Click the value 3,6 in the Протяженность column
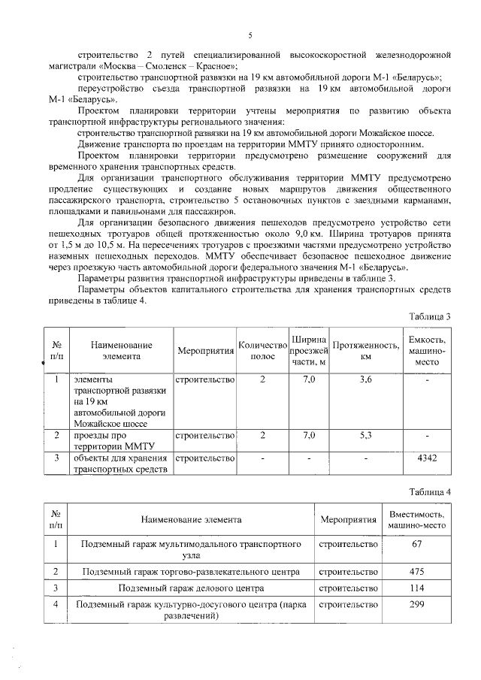pos(365,380)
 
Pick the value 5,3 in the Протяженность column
pos(365,434)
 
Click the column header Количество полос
pos(262,350)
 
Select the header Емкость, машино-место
pos(426,350)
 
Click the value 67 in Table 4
pos(416,543)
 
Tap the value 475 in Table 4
pos(416,571)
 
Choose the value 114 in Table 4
pos(416,588)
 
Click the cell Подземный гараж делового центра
pos(190,588)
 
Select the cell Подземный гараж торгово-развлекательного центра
pos(190,571)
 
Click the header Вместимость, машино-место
pos(416,519)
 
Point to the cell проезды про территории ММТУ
pos(113,440)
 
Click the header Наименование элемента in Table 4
pos(190,519)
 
